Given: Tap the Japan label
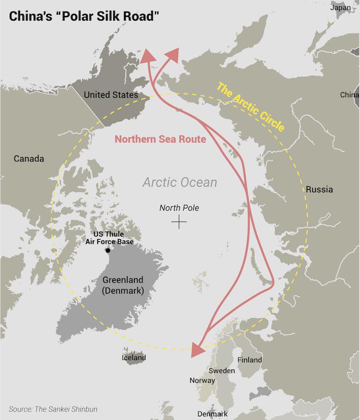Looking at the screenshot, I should pyautogui.click(x=340, y=7).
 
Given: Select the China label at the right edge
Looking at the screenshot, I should pyautogui.click(x=349, y=95).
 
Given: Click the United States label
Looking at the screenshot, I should pyautogui.click(x=111, y=95).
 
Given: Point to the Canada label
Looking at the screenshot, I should pyautogui.click(x=29, y=159).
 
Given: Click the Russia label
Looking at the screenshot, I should pyautogui.click(x=319, y=189).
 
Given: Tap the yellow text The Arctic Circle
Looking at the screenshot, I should pyautogui.click(x=251, y=108).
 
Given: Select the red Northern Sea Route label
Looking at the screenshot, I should pyautogui.click(x=160, y=140).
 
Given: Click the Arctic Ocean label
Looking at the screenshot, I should pyautogui.click(x=179, y=182).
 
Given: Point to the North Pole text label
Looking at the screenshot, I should pyautogui.click(x=179, y=208).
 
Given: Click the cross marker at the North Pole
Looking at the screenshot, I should pyautogui.click(x=179, y=222).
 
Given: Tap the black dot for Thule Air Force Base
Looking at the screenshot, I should pyautogui.click(x=108, y=250).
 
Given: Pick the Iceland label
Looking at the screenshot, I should pyautogui.click(x=134, y=358).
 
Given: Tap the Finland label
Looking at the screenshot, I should pyautogui.click(x=250, y=360).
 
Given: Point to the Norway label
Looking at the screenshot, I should pyautogui.click(x=202, y=380).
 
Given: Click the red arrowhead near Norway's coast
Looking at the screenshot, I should pyautogui.click(x=196, y=349).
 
